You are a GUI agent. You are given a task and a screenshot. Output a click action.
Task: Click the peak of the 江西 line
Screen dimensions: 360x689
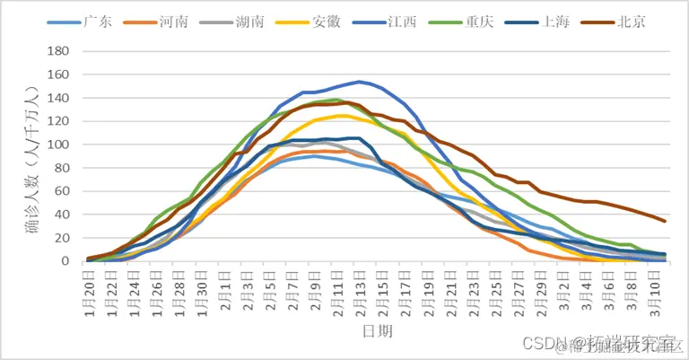click(359, 82)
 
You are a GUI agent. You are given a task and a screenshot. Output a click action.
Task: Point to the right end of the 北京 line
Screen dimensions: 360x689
click(665, 221)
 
